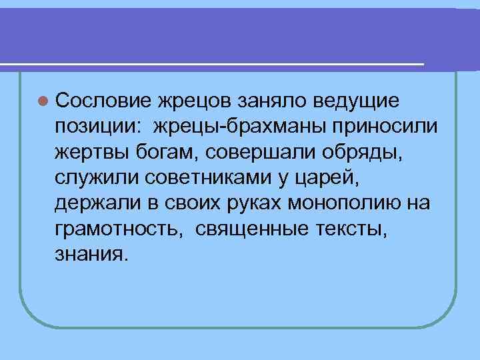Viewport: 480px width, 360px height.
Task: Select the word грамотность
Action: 117,229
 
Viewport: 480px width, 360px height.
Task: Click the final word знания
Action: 89,255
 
